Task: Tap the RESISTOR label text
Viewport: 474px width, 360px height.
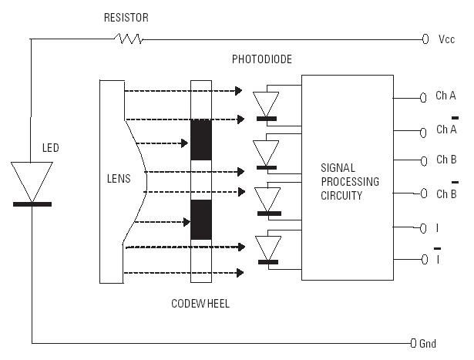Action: click(x=126, y=16)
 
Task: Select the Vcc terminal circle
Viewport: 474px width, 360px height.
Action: click(x=425, y=39)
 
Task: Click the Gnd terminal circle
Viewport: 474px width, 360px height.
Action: click(x=414, y=342)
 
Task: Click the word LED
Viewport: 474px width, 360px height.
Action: click(x=50, y=147)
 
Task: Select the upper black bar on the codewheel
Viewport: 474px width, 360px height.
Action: click(x=200, y=140)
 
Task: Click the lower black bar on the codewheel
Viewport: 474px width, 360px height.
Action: click(x=200, y=219)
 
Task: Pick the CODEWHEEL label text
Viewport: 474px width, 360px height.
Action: click(x=200, y=304)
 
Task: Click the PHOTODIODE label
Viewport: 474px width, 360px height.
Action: click(x=261, y=59)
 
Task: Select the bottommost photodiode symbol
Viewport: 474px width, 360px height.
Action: click(x=267, y=248)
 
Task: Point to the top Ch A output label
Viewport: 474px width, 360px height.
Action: click(x=445, y=96)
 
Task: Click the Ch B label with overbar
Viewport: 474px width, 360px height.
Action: click(x=446, y=193)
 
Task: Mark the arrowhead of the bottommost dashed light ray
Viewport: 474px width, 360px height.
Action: click(x=242, y=272)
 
